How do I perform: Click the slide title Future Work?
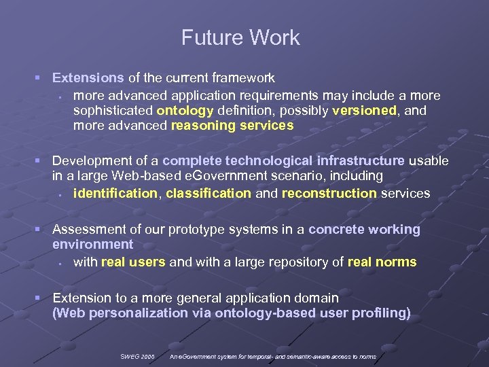coord(240,38)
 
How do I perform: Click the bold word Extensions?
coord(88,78)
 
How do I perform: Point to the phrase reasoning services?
coord(232,125)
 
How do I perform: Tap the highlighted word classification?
coord(209,194)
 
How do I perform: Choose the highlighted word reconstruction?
coord(329,194)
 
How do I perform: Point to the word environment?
coord(92,244)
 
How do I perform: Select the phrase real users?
coord(133,262)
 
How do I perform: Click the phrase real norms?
coord(382,262)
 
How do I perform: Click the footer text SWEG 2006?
coord(138,356)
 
